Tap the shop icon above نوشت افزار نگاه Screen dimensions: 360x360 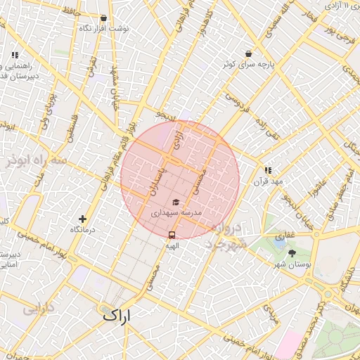pyautogui.click(x=104, y=18)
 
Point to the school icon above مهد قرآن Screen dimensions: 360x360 pyautogui.click(x=268, y=170)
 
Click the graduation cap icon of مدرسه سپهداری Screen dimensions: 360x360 pyautogui.click(x=175, y=202)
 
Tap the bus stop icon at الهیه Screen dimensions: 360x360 pyautogui.click(x=172, y=235)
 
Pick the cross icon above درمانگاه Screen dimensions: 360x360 pyautogui.click(x=83, y=219)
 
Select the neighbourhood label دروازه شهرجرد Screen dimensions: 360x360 pyautogui.click(x=227, y=236)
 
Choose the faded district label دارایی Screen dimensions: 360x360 pyautogui.click(x=38, y=308)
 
